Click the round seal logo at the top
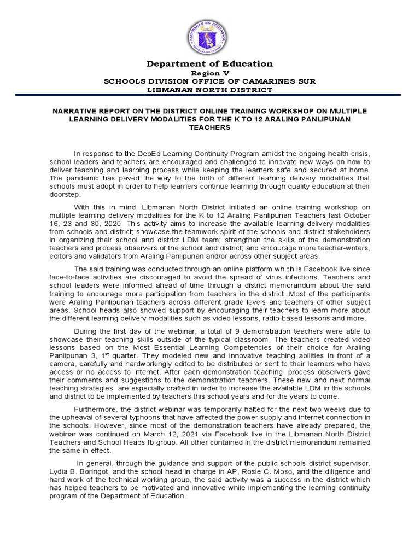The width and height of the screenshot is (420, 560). coord(211,36)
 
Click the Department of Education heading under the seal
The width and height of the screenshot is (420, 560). coord(210,64)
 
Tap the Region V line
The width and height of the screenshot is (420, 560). coord(210,73)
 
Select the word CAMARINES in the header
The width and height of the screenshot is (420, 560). coord(261,81)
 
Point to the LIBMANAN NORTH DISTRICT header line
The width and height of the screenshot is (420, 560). coord(210,89)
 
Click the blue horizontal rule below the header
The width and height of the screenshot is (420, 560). coord(210,96)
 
